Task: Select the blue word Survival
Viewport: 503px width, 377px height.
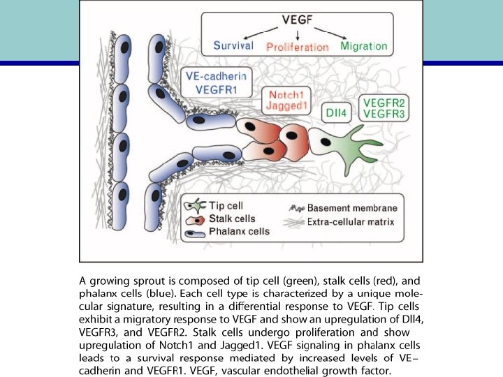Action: tap(238, 46)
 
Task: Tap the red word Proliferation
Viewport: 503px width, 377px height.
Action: tap(298, 47)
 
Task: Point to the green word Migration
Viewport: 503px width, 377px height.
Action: tap(363, 46)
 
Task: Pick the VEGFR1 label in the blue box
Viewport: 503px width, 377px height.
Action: tap(214, 89)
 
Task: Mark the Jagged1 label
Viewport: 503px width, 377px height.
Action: tap(286, 105)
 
